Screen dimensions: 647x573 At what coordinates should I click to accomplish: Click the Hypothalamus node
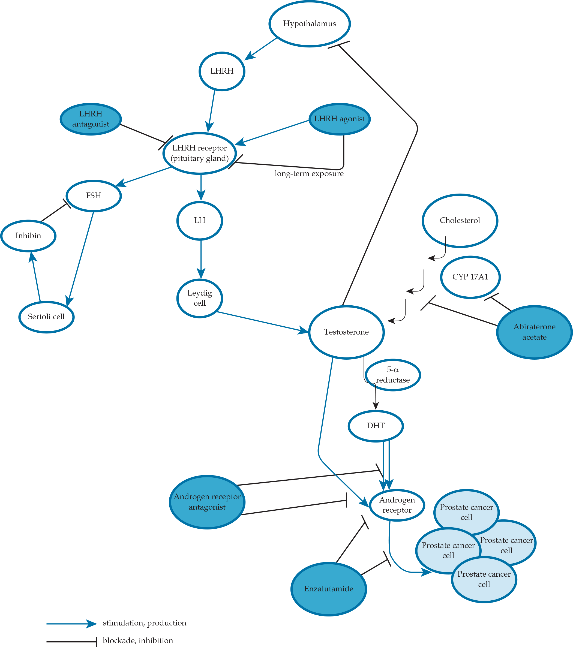(x=309, y=24)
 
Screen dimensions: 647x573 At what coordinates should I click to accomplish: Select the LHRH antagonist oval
(x=91, y=119)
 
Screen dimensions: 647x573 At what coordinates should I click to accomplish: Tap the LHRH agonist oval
(x=339, y=119)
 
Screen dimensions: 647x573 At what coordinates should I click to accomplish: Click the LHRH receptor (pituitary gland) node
(x=199, y=153)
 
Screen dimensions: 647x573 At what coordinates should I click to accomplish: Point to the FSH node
(x=94, y=195)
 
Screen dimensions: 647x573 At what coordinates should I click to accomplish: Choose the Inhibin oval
(x=28, y=236)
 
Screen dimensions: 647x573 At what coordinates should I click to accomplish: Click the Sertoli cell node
(x=46, y=317)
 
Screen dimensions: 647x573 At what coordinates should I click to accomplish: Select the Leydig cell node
(x=199, y=298)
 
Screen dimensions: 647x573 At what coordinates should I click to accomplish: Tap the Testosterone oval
(x=346, y=332)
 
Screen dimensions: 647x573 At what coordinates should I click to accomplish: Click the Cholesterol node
(x=460, y=221)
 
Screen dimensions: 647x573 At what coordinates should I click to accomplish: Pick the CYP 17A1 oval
(x=470, y=277)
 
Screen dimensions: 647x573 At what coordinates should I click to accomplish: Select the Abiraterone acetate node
(x=534, y=332)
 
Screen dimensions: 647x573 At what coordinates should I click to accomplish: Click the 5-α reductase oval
(x=392, y=375)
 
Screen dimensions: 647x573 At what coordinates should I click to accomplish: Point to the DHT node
(x=376, y=426)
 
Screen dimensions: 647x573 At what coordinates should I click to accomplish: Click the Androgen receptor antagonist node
(x=207, y=502)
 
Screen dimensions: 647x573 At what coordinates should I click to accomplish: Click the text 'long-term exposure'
(x=309, y=174)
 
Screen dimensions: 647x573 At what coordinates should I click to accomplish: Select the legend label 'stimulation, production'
(x=144, y=623)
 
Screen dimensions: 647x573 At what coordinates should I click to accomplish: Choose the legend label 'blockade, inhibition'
(x=138, y=641)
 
